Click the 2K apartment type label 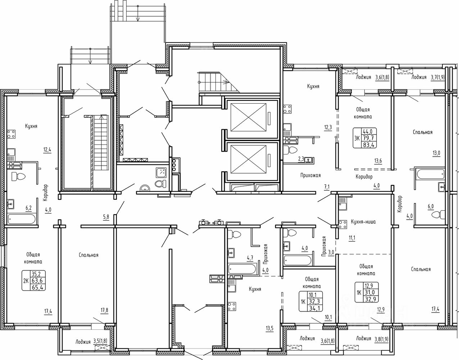coord(26,281)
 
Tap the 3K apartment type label coord(357,138)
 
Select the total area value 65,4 coord(38,287)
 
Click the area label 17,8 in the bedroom coord(104,310)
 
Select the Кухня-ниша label coord(363,222)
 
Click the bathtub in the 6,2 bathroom coord(22,219)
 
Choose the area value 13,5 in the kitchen coord(269,328)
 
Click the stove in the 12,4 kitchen coord(11,134)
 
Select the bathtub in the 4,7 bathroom coord(242,269)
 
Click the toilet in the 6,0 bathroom coord(438,215)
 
